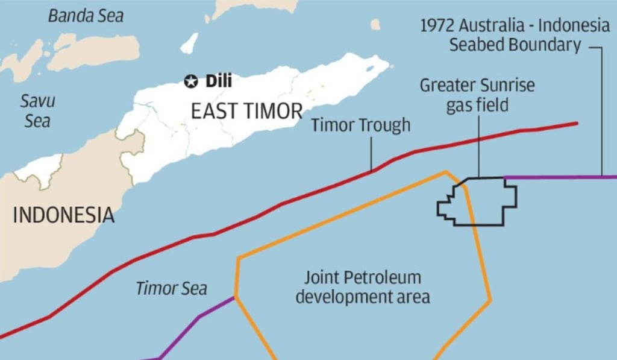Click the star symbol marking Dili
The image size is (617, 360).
pos(191,81)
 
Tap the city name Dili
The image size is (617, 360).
pos(218,81)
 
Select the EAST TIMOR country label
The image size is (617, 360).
pos(246,111)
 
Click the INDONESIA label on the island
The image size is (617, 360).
pos(63,215)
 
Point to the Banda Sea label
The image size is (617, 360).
pos(86,16)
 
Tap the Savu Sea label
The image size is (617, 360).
pos(37,111)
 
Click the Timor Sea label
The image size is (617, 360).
pos(171,288)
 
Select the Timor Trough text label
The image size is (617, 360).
pos(360,125)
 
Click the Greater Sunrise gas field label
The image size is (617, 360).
pos(477,95)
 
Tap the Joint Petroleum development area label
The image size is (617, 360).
pos(362,287)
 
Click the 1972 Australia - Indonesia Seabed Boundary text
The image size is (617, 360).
pos(515,36)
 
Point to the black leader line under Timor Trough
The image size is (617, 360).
pos(371,153)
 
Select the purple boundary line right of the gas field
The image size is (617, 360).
pos(560,177)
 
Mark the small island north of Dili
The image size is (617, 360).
pos(189,43)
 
